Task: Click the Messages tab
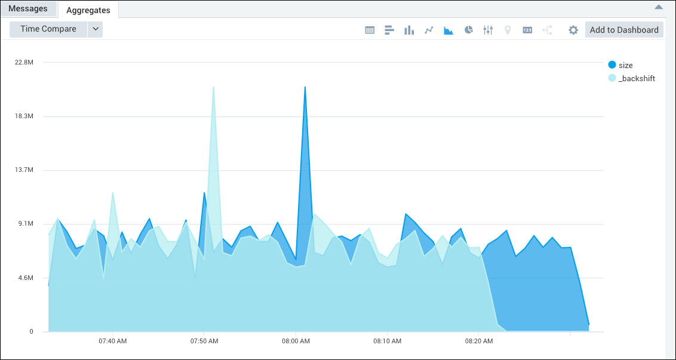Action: pyautogui.click(x=28, y=9)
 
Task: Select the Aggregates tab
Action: pyautogui.click(x=88, y=10)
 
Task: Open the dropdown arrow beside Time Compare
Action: pyautogui.click(x=96, y=29)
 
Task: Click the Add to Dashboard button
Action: pyautogui.click(x=624, y=30)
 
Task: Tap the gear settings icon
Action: pyautogui.click(x=573, y=30)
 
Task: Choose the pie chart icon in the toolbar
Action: pyautogui.click(x=469, y=30)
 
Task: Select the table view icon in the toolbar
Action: pyautogui.click(x=370, y=30)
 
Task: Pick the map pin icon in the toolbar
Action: pyautogui.click(x=508, y=30)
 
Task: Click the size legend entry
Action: pyautogui.click(x=625, y=65)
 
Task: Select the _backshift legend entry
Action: pyautogui.click(x=637, y=78)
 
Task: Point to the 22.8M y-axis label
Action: pyautogui.click(x=24, y=62)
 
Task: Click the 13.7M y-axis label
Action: pyautogui.click(x=24, y=170)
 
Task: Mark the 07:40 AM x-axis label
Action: pyautogui.click(x=112, y=341)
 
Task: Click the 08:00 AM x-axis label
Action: pyautogui.click(x=296, y=341)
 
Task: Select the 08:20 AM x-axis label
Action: pyautogui.click(x=479, y=341)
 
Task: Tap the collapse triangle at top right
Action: pyautogui.click(x=659, y=7)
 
